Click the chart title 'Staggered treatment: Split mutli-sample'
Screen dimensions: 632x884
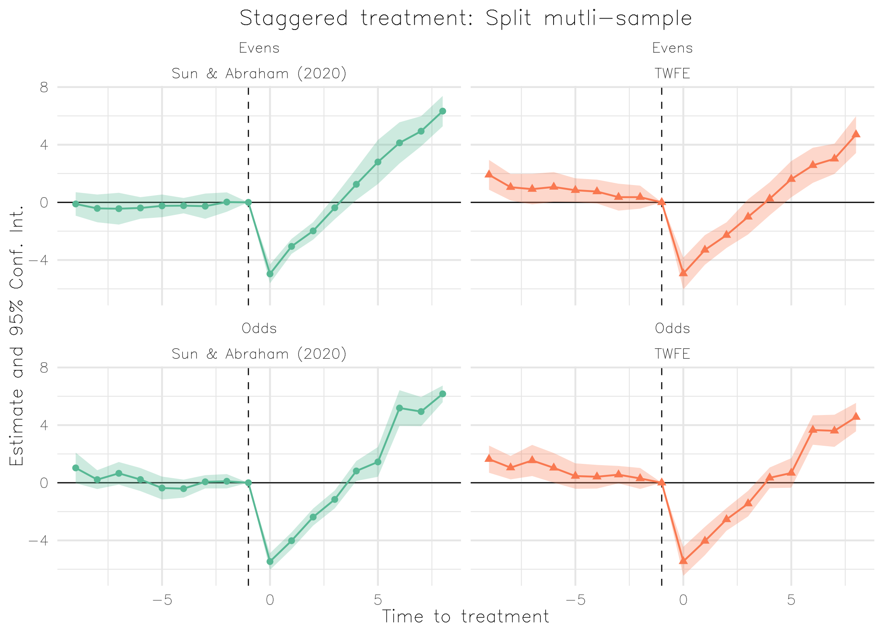(x=466, y=19)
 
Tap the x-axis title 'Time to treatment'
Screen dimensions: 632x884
(x=466, y=616)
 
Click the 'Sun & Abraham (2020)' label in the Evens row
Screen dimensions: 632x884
(x=259, y=74)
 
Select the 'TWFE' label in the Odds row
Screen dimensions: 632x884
(x=672, y=354)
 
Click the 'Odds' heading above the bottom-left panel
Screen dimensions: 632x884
(x=259, y=328)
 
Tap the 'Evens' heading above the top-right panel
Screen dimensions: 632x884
(x=672, y=48)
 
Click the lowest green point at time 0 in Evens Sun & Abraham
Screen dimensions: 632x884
(x=270, y=274)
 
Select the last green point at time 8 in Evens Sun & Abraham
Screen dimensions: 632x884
(x=442, y=111)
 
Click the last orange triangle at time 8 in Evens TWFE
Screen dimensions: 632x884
(x=856, y=134)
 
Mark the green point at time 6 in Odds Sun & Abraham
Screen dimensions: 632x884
(x=399, y=408)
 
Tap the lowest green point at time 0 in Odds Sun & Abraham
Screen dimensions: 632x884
(x=270, y=562)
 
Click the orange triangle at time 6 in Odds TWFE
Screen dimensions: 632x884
(x=813, y=430)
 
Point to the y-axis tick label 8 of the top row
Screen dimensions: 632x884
(x=44, y=88)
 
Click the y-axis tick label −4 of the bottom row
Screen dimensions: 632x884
(x=38, y=541)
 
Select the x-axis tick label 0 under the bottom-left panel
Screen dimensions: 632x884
(x=270, y=600)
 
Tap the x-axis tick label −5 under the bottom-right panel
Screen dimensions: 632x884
(x=575, y=600)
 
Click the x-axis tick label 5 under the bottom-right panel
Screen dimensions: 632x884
(x=791, y=600)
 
